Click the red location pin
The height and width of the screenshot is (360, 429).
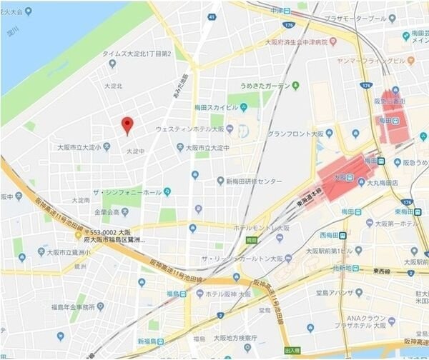click(127, 125)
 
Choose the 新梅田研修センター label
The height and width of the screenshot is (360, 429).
click(254, 181)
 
